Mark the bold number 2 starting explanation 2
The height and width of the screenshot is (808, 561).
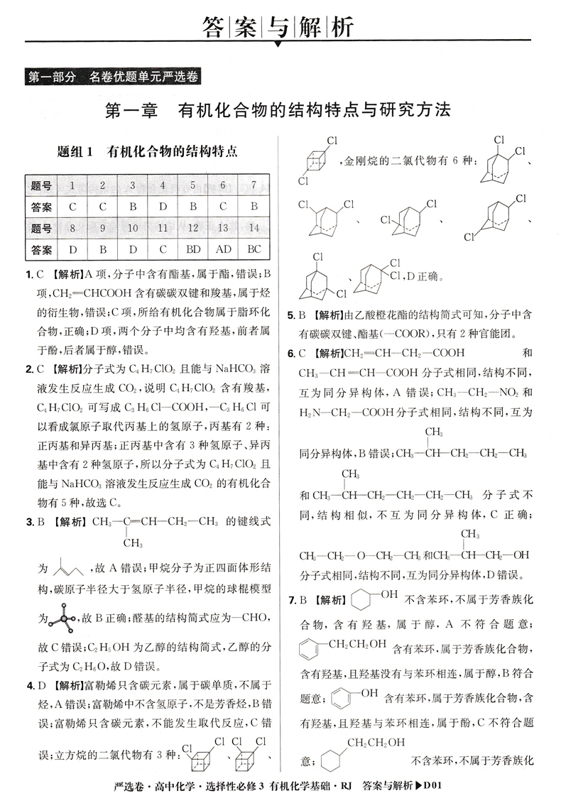(x=28, y=368)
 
